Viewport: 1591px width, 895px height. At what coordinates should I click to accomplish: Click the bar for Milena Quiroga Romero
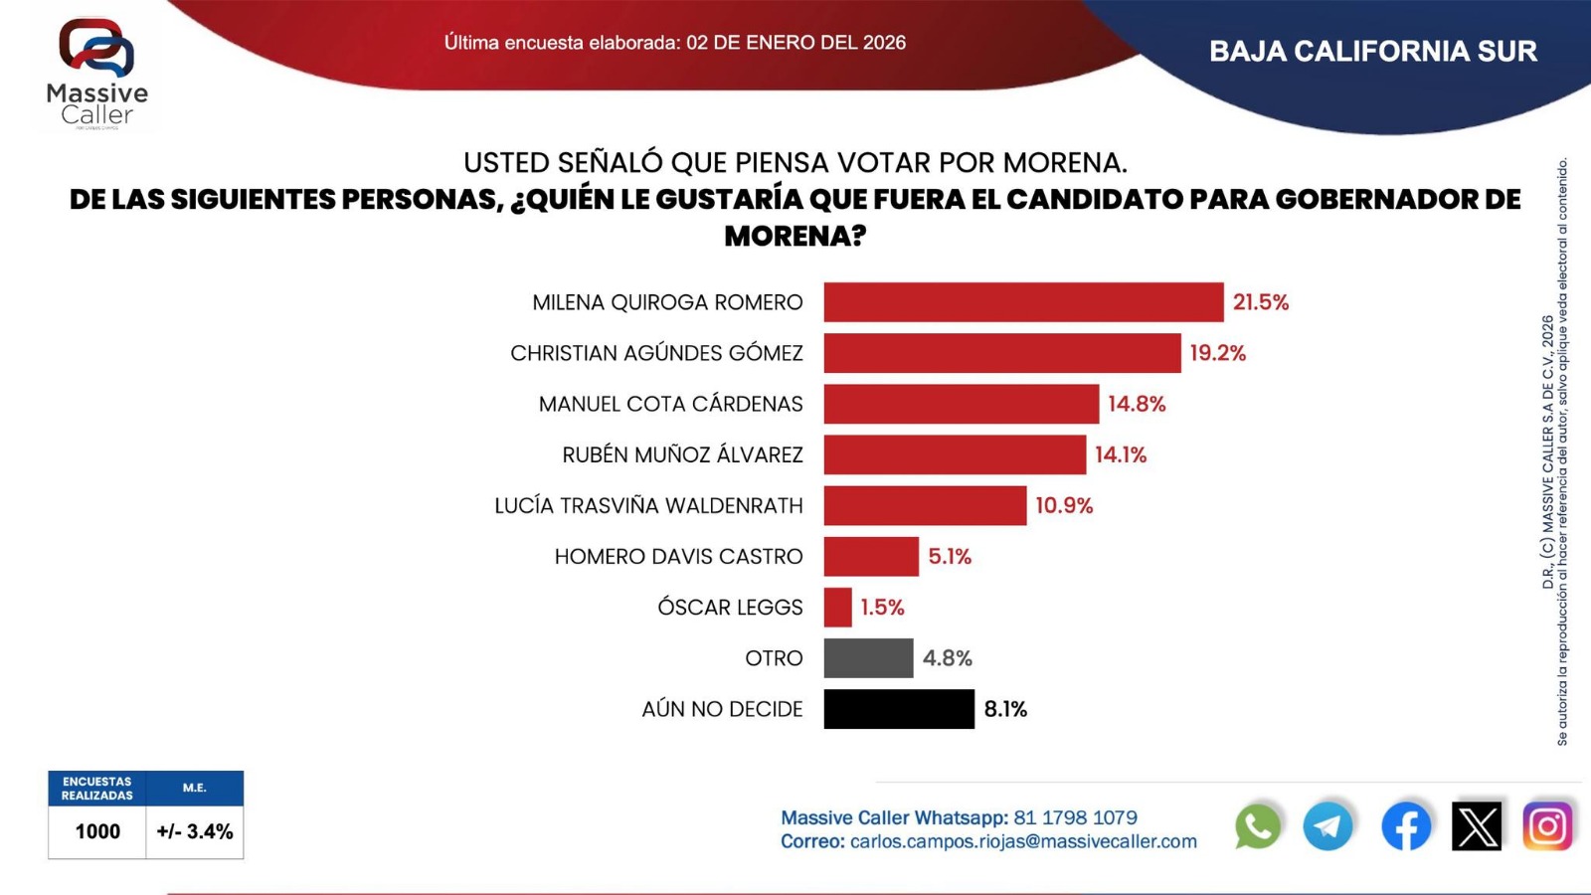point(1023,302)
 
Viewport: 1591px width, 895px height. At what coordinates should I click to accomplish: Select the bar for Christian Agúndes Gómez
point(1002,353)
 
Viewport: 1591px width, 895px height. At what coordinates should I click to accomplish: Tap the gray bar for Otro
point(868,658)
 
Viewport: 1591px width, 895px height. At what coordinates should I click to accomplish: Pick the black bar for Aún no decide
point(899,709)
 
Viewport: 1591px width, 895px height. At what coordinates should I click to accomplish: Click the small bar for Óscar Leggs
point(837,608)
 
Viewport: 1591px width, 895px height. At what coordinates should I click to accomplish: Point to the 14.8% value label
point(1137,404)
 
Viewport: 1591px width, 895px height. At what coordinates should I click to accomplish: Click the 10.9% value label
point(1064,505)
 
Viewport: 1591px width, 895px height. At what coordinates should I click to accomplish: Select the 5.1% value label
point(950,557)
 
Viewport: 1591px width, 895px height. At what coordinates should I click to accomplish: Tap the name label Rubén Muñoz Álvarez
point(682,454)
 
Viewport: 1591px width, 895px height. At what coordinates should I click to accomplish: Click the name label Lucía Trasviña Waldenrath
point(648,505)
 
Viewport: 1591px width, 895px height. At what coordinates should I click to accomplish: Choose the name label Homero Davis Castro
point(678,557)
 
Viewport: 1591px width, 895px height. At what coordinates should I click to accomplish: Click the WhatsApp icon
point(1258,826)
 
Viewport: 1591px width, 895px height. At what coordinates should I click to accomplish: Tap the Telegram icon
point(1327,825)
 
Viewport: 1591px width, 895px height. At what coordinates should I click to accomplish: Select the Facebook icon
point(1406,825)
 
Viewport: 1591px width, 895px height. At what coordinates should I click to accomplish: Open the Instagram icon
point(1547,825)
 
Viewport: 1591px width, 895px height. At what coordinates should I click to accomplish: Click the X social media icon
point(1477,825)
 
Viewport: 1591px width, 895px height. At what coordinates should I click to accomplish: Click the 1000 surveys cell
point(97,831)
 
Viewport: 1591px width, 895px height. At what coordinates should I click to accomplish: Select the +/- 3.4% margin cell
point(195,831)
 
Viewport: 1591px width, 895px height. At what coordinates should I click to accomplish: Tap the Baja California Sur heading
point(1372,52)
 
